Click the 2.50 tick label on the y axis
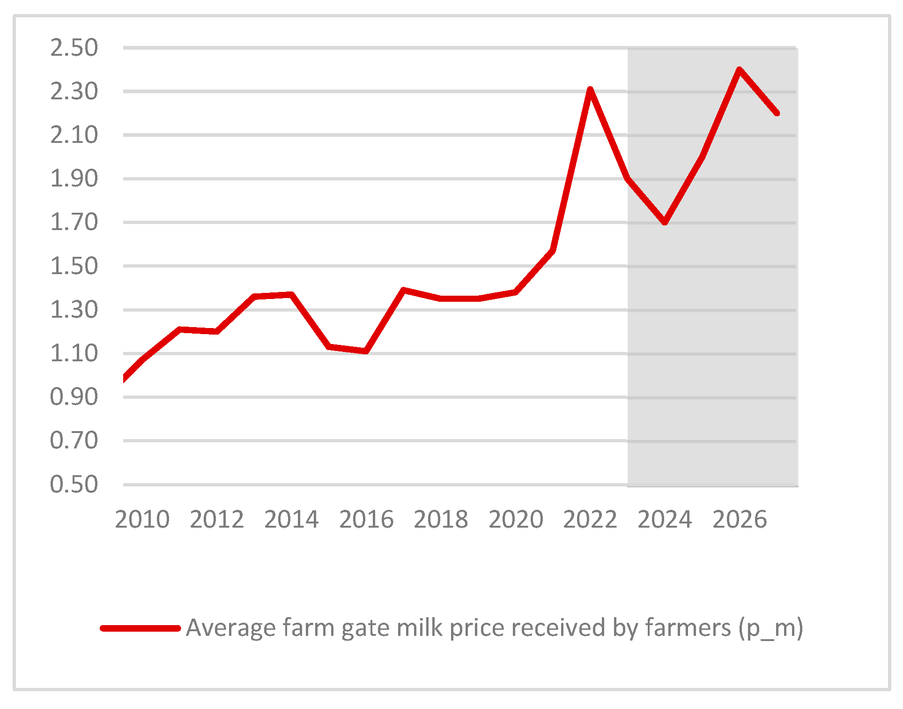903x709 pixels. point(74,48)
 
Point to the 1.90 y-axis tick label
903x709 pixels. point(74,179)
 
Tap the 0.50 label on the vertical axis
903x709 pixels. point(74,484)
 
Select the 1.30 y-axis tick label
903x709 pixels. point(74,310)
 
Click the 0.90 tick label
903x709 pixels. point(74,397)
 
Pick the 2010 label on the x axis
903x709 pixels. point(142,520)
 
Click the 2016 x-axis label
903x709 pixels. point(366,520)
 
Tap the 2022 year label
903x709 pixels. point(590,520)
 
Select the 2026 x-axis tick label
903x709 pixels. point(740,520)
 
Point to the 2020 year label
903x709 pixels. point(516,520)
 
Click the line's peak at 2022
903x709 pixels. point(590,90)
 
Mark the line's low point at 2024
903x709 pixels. point(665,222)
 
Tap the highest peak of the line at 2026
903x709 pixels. point(739,70)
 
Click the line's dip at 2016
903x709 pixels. point(366,351)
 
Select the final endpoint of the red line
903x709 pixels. point(777,113)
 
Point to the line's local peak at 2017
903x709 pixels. point(403,290)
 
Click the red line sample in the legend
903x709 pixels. point(141,628)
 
